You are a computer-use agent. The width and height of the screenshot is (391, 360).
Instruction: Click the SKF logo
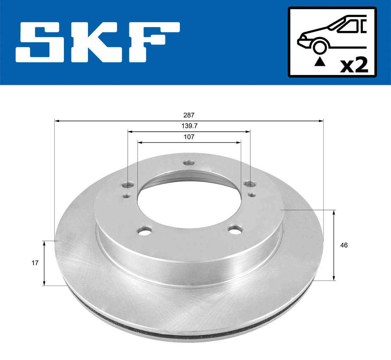(x=98, y=42)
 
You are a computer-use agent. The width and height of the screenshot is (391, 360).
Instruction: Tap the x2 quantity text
(x=354, y=65)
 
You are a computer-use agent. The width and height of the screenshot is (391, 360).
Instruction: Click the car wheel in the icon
(x=320, y=46)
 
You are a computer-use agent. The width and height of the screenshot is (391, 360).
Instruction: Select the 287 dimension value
(x=189, y=115)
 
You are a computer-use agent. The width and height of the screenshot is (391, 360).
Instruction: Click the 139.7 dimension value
(x=189, y=126)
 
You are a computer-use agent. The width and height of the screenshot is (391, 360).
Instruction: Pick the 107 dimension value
(x=189, y=137)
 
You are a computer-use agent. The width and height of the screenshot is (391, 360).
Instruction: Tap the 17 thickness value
(x=35, y=263)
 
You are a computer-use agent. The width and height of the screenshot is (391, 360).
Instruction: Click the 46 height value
(x=344, y=245)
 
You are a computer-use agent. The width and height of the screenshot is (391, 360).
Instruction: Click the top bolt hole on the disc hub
(x=188, y=163)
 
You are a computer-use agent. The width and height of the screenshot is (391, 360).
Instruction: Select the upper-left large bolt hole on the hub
(x=128, y=185)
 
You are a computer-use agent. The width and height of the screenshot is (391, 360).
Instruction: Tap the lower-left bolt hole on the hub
(x=145, y=231)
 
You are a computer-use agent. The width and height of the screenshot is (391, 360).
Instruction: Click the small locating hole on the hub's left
(x=126, y=196)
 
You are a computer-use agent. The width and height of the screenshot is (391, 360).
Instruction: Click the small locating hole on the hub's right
(x=251, y=195)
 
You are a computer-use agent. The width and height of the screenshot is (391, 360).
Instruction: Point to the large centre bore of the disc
(x=189, y=199)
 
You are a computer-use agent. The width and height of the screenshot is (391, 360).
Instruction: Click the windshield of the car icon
(x=347, y=26)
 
